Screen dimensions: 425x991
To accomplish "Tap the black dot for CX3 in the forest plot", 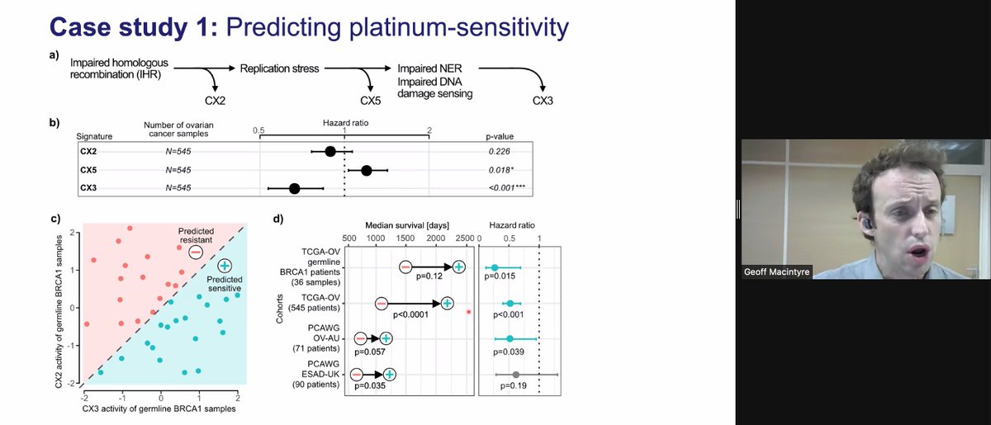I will (295, 189).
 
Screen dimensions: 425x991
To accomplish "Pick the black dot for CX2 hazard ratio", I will (330, 151).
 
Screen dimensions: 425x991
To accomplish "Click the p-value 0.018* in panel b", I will (503, 170).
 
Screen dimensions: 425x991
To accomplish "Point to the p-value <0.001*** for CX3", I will (507, 189).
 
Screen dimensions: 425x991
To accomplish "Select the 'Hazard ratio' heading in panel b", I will (345, 121).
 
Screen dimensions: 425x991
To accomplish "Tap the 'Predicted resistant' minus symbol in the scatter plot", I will (195, 251).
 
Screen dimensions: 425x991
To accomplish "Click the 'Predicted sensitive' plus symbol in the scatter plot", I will (225, 266).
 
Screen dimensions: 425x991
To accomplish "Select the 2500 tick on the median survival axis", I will (465, 238).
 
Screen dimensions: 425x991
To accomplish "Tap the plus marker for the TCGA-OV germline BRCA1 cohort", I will (458, 267).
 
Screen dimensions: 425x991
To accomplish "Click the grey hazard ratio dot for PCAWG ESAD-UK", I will (516, 375).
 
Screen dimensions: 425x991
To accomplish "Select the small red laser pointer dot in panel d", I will (469, 312).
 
